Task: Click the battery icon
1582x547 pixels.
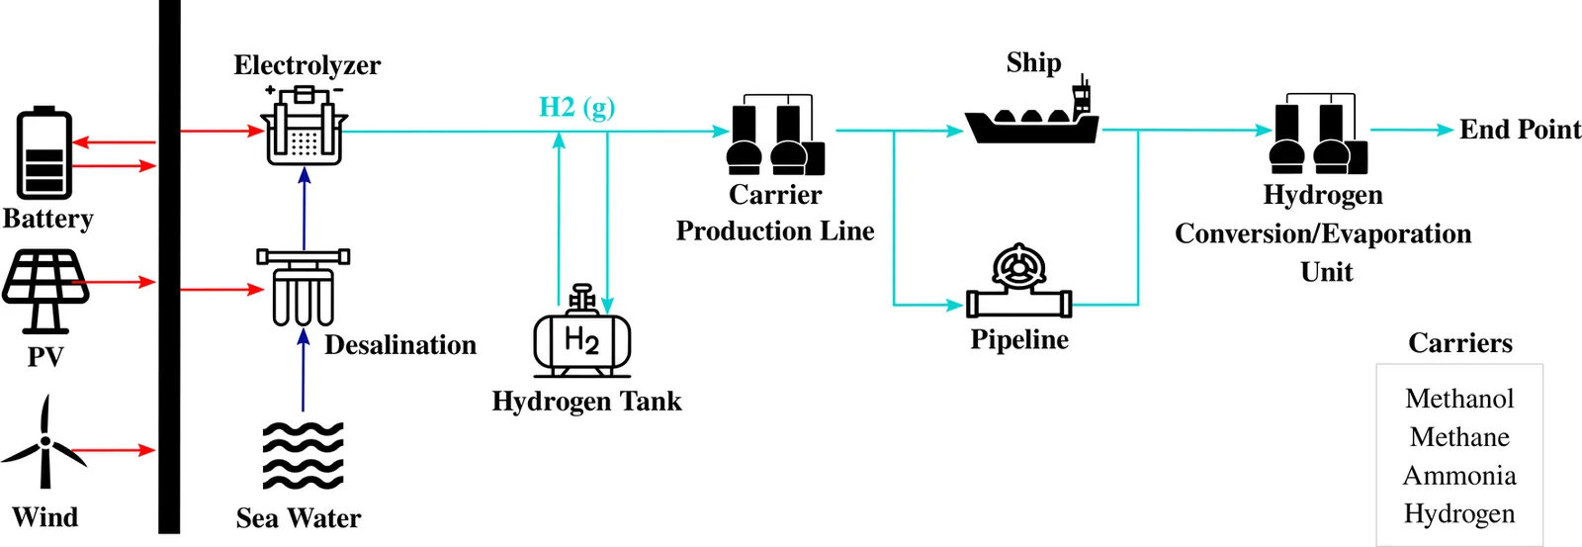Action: [44, 153]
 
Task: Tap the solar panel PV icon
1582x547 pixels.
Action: [44, 289]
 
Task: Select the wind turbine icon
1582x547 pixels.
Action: [44, 445]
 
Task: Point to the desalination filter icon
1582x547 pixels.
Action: [304, 287]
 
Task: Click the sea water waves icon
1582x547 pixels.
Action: [303, 456]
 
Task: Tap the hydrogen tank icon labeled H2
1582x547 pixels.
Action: [582, 336]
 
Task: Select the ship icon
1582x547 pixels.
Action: [1032, 119]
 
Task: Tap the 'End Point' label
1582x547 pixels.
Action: [1520, 130]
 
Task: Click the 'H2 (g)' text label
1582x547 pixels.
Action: [576, 107]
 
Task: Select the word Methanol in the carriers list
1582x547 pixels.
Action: [1459, 399]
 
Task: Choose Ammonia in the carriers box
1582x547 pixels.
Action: [1459, 476]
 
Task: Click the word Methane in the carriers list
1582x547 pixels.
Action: [1459, 437]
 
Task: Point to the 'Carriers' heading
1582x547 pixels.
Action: [1460, 343]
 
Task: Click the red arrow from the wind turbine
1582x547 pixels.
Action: [114, 451]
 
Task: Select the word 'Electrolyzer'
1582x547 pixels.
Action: [307, 65]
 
